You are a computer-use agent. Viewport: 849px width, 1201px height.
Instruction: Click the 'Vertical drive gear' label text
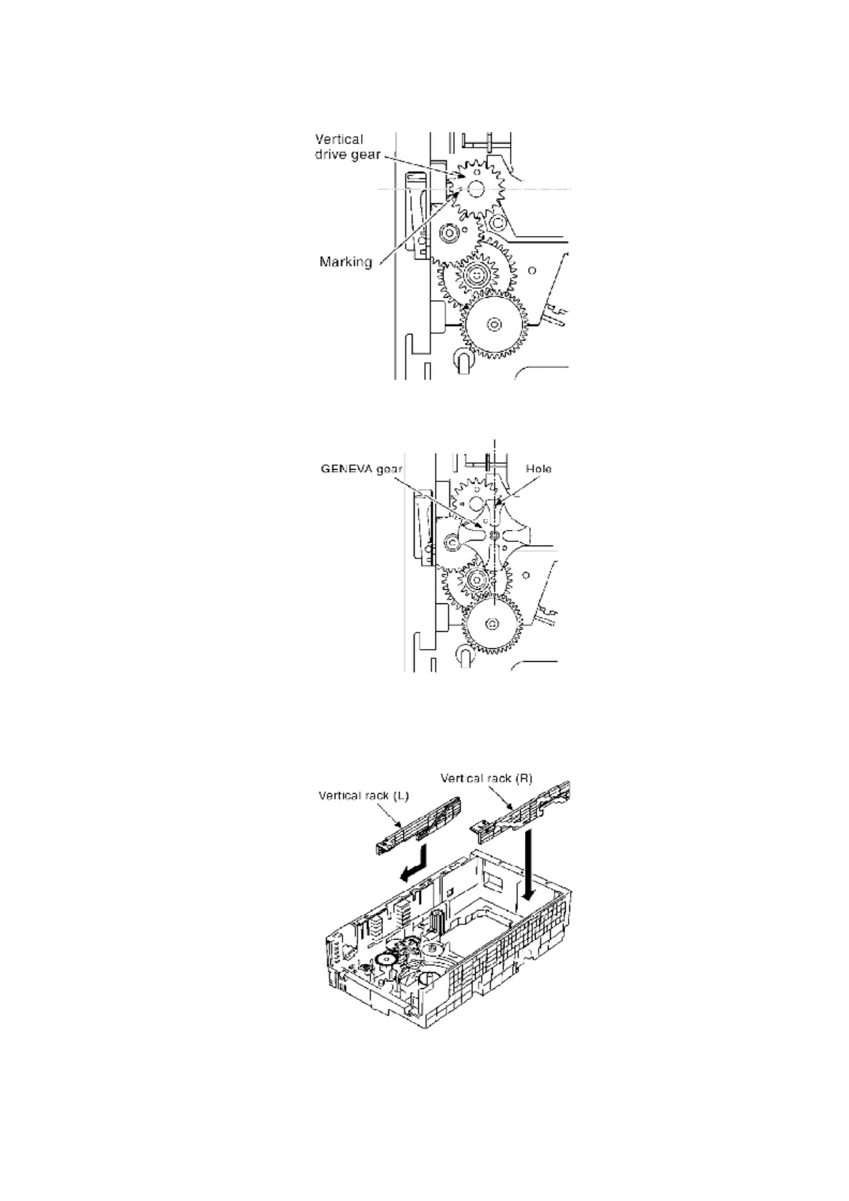click(x=348, y=147)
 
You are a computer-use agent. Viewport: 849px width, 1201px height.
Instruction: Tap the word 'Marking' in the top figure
click(x=345, y=262)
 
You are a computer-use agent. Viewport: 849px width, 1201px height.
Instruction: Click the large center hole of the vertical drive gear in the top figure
click(x=476, y=189)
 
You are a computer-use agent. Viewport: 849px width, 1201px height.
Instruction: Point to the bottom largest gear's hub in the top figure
click(x=492, y=324)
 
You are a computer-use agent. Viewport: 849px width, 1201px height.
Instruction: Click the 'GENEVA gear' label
click(x=361, y=469)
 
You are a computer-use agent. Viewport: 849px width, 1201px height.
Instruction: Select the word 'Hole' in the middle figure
click(x=539, y=469)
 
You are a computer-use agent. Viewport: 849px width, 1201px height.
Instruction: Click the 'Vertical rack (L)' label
click(x=363, y=795)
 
